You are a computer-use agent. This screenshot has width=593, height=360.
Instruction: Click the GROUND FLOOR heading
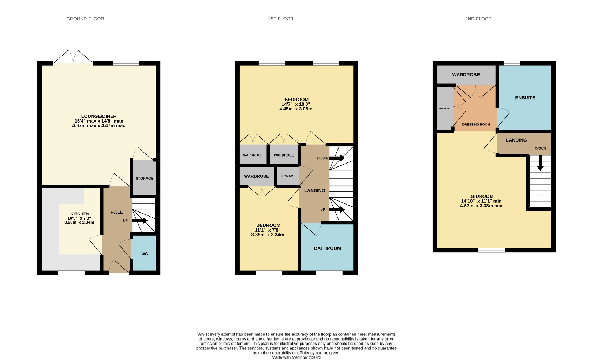[x=85, y=19]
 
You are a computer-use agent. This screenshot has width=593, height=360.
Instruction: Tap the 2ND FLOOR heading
[x=478, y=19]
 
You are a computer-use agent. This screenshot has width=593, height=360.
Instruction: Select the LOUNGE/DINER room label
[x=99, y=116]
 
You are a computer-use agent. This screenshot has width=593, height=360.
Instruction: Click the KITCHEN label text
[x=80, y=214]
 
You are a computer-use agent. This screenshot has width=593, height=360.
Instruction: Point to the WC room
[x=144, y=254]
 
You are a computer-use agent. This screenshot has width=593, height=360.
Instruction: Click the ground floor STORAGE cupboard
[x=144, y=179]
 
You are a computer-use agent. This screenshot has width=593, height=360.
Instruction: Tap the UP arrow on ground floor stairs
[x=140, y=221]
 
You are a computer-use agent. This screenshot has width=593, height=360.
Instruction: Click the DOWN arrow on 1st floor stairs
[x=337, y=158]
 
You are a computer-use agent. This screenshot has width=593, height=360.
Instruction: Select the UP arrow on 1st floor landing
[x=337, y=210]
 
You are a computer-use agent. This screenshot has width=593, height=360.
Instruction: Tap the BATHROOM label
[x=327, y=248]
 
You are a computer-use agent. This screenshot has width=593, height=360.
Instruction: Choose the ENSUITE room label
[x=525, y=98]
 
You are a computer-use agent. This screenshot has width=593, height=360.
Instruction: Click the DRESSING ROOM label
[x=476, y=124]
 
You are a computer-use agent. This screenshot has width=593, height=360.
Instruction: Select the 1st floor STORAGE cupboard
[x=287, y=176]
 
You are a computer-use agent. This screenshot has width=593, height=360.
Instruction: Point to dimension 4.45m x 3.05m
[x=296, y=109]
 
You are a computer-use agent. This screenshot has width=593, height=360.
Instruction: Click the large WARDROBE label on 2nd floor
[x=466, y=75]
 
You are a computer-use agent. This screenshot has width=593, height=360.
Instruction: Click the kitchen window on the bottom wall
[x=71, y=273]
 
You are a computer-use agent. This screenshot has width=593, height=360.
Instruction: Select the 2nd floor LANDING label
[x=516, y=140]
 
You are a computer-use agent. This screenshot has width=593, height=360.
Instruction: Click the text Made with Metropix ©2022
[x=296, y=357]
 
